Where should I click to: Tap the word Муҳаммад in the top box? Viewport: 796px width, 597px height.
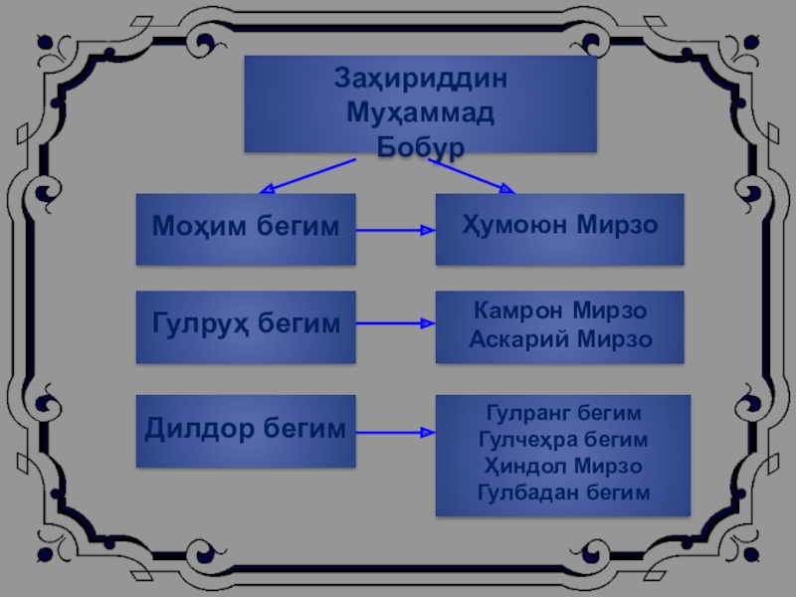tap(421, 112)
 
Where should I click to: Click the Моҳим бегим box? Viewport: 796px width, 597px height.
tap(246, 229)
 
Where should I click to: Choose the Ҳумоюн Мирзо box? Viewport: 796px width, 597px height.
tap(560, 229)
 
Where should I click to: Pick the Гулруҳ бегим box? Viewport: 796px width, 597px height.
tap(246, 324)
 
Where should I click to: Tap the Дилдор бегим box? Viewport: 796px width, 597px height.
tap(246, 431)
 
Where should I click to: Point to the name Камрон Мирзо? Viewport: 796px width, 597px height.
tap(560, 312)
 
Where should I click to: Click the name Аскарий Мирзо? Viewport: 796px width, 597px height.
tap(560, 340)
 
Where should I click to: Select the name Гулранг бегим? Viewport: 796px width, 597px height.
tap(563, 412)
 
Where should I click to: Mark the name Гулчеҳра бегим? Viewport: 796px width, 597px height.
tap(563, 439)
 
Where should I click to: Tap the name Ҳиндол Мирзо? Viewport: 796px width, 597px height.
tap(563, 466)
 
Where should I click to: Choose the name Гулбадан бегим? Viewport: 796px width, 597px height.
tap(563, 493)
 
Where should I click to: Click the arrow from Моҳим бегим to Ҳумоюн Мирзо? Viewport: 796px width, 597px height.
tap(395, 231)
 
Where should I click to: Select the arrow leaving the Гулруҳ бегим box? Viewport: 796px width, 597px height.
tap(395, 324)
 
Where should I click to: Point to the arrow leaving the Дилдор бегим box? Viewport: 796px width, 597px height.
tap(395, 433)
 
